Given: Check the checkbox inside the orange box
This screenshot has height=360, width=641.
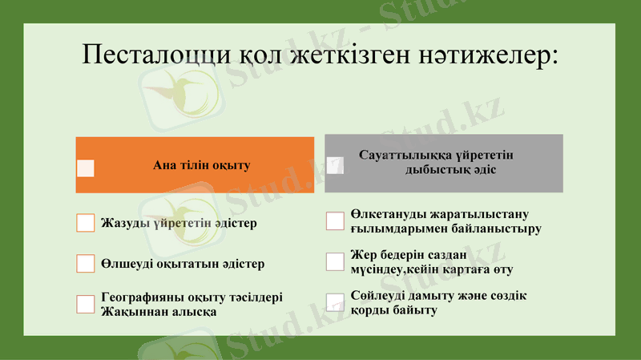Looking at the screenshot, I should click(86, 168).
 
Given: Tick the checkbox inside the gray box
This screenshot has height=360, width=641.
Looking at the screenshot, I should click(335, 165).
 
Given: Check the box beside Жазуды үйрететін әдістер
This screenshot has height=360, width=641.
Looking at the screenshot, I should click(86, 223).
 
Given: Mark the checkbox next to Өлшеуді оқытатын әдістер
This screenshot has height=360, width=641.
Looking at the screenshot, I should click(86, 264).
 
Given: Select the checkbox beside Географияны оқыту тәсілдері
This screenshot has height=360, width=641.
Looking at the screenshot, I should click(86, 304).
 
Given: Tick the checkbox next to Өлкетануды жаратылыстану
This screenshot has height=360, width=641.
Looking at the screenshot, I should click(335, 220).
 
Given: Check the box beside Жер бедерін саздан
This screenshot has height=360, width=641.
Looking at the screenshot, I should click(335, 261).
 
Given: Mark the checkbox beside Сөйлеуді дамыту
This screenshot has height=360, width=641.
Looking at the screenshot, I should click(335, 302).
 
